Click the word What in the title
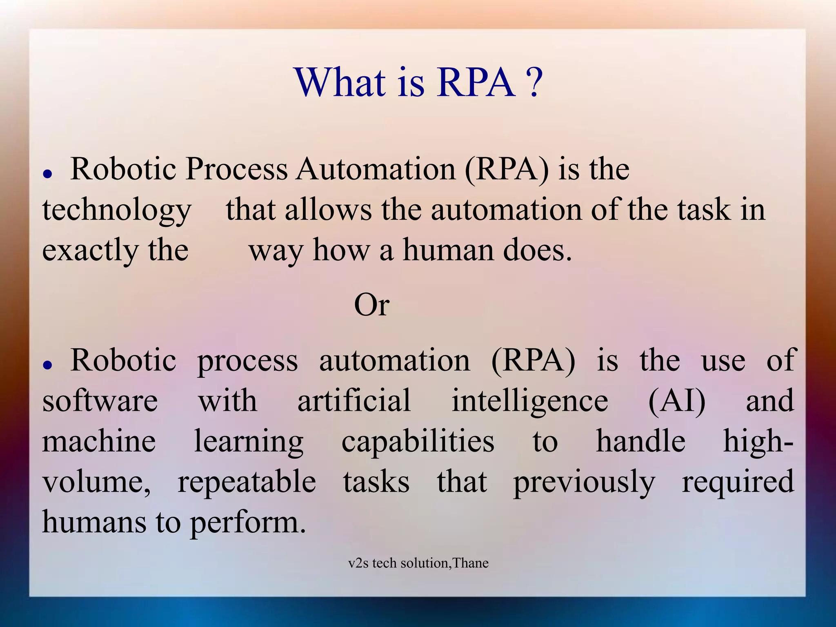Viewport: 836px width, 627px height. (x=340, y=82)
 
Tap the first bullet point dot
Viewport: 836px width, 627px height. (x=48, y=174)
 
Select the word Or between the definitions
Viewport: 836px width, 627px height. (x=371, y=305)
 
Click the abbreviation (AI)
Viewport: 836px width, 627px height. (x=677, y=401)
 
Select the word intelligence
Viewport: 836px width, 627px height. (x=529, y=401)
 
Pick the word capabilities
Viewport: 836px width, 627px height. (x=418, y=442)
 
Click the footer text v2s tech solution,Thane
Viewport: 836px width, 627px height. (x=418, y=563)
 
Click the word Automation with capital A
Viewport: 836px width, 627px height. (x=376, y=169)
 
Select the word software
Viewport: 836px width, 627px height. (x=100, y=401)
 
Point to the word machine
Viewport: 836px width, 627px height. (x=99, y=441)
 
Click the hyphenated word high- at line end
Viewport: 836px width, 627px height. (x=758, y=442)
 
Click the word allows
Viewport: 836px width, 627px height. (x=328, y=210)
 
